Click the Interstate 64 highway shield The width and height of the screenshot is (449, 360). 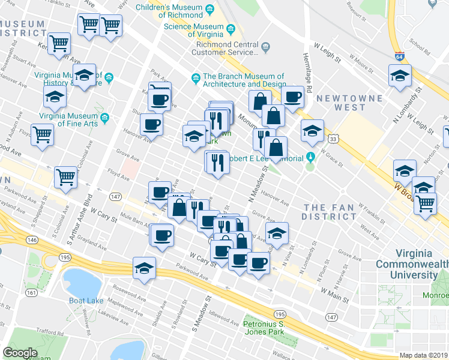coord(399,57)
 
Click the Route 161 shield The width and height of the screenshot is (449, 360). coord(29,293)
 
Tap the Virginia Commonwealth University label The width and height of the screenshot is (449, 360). coord(411,264)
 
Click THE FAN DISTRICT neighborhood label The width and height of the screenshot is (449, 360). coord(330,211)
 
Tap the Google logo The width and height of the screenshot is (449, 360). coord(20,352)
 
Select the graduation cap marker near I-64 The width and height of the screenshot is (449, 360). coord(399,76)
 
